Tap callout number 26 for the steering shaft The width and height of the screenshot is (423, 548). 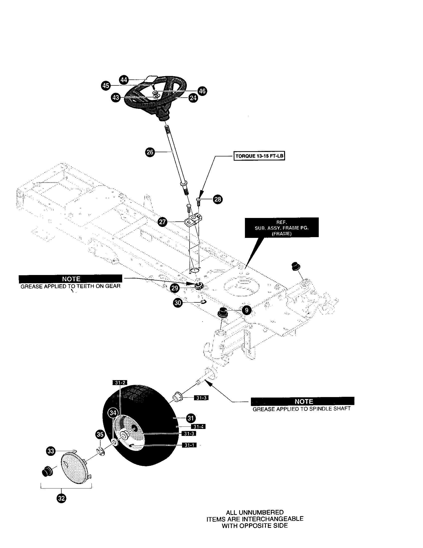tap(150, 152)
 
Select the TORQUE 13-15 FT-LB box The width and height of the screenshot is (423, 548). tap(259, 156)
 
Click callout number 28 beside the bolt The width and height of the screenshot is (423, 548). tap(217, 199)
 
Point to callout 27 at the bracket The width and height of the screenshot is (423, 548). tap(163, 222)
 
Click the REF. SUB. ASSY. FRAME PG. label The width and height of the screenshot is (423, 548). tap(282, 227)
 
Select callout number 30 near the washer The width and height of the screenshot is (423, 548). tap(178, 303)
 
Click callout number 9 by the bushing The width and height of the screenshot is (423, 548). tap(247, 310)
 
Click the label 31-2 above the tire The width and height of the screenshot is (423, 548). tap(119, 383)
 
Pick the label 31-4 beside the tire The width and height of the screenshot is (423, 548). tap(198, 426)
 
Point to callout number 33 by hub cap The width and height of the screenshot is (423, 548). tap(51, 451)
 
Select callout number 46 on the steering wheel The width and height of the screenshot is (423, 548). tap(202, 91)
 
